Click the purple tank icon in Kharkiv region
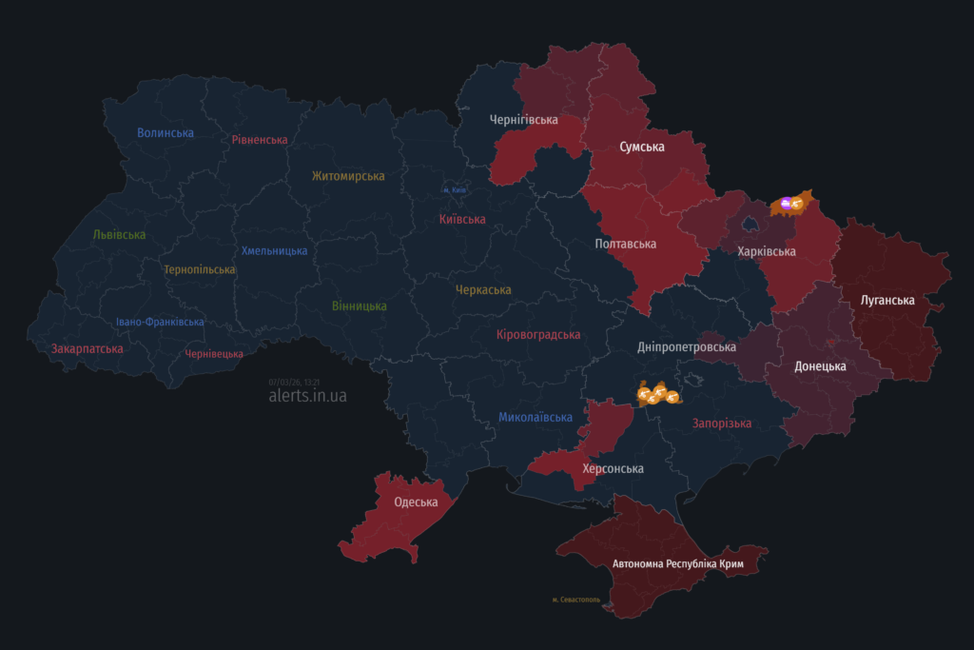[x=786, y=202]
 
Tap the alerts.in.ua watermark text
[x=307, y=396]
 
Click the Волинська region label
[x=166, y=133]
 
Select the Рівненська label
[x=259, y=140]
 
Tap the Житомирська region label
[x=348, y=176]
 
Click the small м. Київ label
[x=455, y=190]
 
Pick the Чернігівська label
[x=523, y=120]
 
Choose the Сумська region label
[x=642, y=147]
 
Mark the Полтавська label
[x=625, y=245]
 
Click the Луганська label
[x=887, y=301]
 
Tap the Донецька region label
[x=820, y=366]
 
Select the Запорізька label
[x=722, y=423]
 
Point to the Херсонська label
[x=613, y=469]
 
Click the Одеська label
[x=416, y=502]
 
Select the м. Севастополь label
[x=575, y=600]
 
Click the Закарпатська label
[x=87, y=349]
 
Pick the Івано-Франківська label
[x=160, y=322]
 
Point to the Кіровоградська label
[x=538, y=335]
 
